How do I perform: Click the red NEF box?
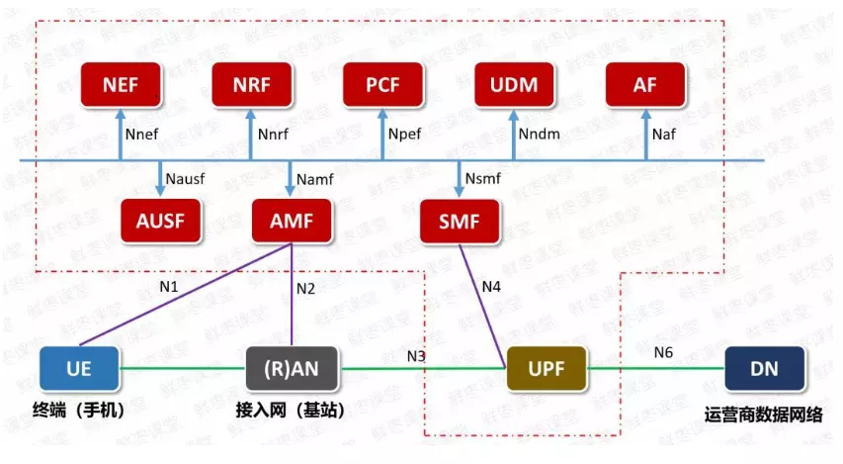pos(120,85)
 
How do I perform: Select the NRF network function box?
pos(251,85)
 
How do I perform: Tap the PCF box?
pos(382,85)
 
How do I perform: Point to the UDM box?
pos(514,85)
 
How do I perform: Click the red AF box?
pos(645,85)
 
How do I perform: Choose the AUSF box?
pos(160,222)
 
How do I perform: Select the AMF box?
pos(291,222)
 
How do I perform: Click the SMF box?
pos(459,222)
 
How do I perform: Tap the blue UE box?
pos(79,369)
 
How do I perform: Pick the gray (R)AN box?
pos(291,369)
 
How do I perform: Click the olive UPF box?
pos(546,369)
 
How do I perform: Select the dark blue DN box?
pos(764,369)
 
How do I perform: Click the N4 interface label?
pos(491,287)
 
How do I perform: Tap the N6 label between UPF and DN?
pos(664,351)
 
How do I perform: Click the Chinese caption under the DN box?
pos(763,415)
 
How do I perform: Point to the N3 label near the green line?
pos(417,354)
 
